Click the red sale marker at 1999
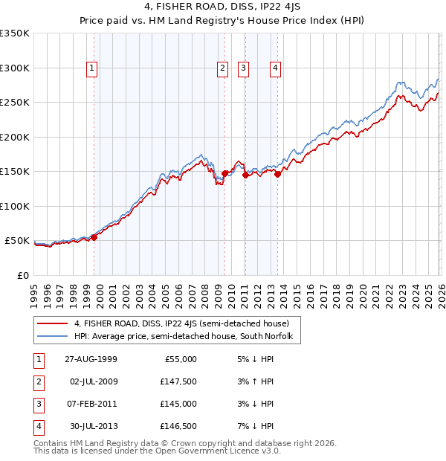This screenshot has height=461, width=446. pos(94,237)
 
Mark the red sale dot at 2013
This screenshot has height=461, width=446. pos(277,174)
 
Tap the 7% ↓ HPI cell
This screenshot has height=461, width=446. pos(253,426)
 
